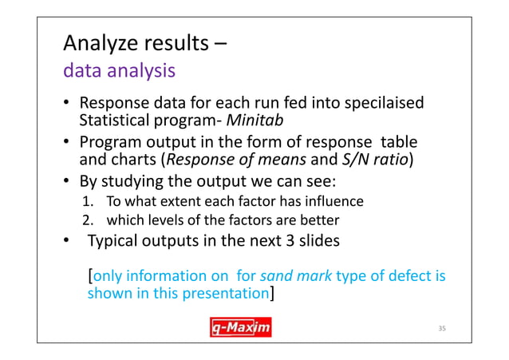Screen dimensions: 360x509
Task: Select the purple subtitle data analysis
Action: tap(120, 72)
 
